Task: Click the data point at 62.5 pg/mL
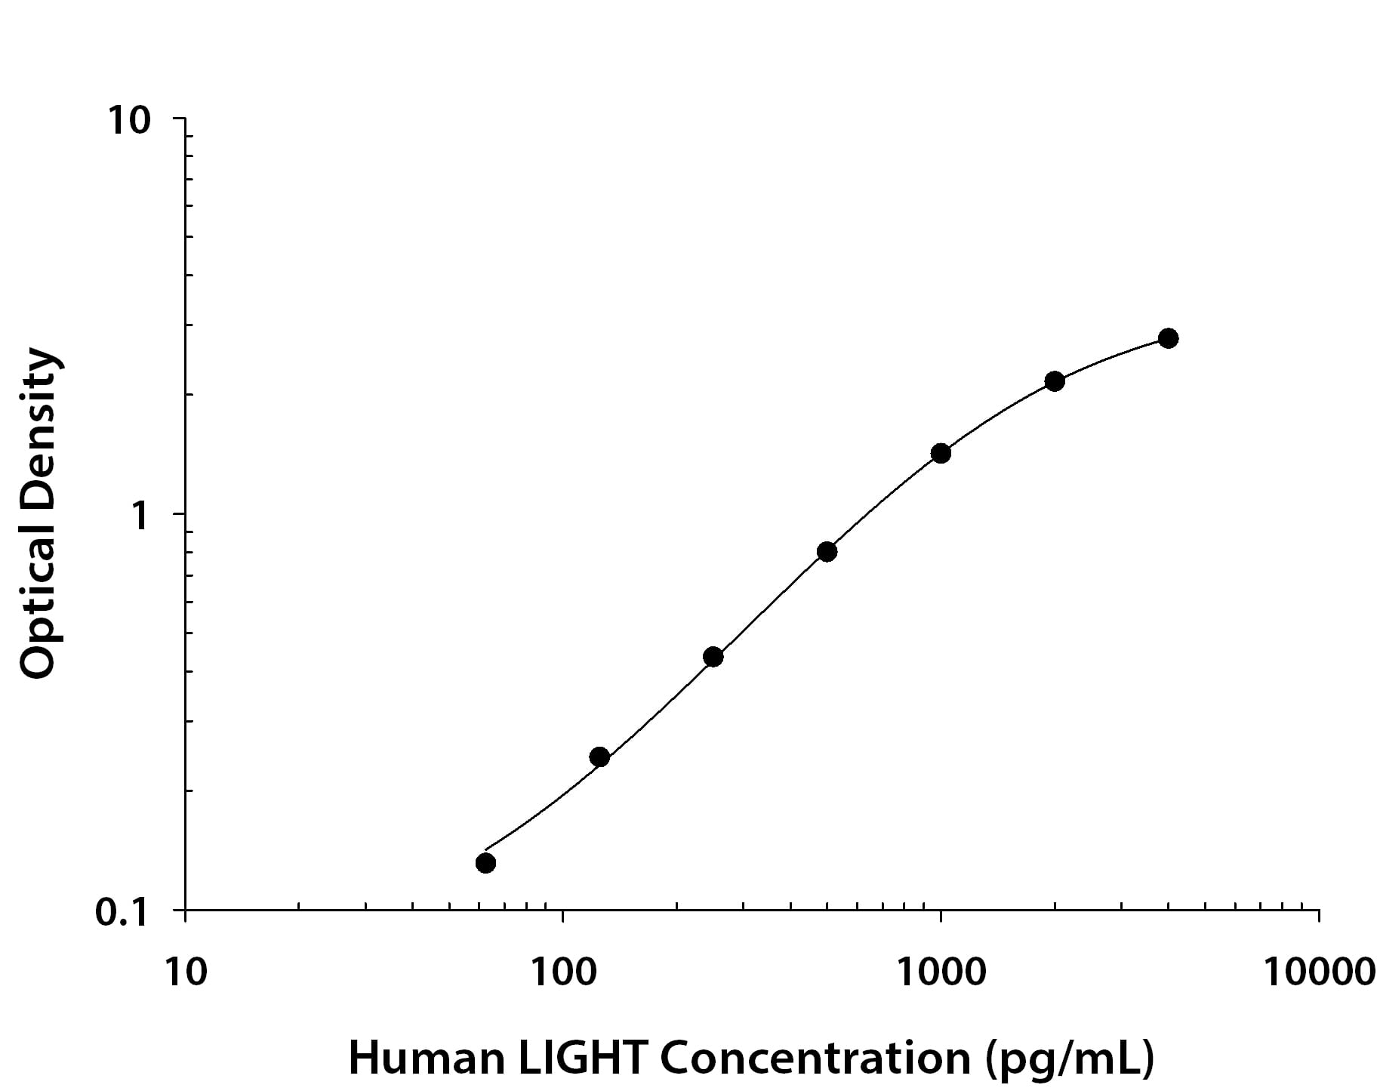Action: [486, 862]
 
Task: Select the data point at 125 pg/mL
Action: [599, 757]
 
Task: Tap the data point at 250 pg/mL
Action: [713, 657]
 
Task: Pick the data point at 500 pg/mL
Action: [827, 552]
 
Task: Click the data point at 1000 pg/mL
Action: [941, 453]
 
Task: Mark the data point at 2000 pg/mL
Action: [1055, 381]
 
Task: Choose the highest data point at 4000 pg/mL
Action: [1168, 337]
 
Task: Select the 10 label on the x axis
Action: [185, 972]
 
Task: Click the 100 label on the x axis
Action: [562, 972]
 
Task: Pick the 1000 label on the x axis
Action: [941, 972]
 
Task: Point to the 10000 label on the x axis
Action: [1319, 972]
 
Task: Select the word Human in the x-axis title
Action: [426, 1059]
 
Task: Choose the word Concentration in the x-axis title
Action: [815, 1059]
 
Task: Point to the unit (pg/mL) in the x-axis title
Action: [1070, 1060]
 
